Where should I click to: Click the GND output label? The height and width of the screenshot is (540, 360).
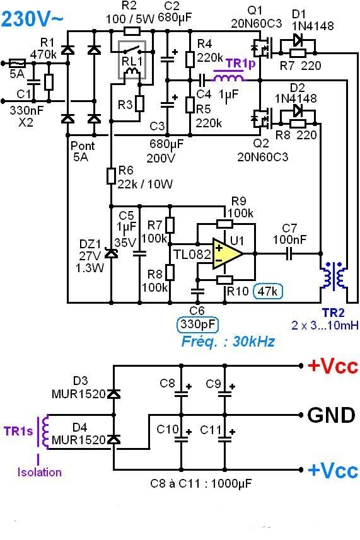pyautogui.click(x=331, y=415)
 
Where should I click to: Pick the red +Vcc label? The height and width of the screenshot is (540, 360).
pyautogui.click(x=332, y=367)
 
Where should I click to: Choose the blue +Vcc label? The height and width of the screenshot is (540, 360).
pyautogui.click(x=332, y=470)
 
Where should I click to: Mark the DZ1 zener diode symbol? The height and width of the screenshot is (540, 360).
pyautogui.click(x=112, y=253)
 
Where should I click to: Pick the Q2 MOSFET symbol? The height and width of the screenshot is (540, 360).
pyautogui.click(x=258, y=118)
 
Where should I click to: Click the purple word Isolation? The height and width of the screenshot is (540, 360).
pyautogui.click(x=40, y=472)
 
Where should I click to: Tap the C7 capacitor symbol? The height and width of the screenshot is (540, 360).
pyautogui.click(x=289, y=253)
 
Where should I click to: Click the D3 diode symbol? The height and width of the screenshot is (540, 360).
pyautogui.click(x=113, y=394)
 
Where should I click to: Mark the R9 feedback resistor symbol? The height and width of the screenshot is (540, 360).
pyautogui.click(x=224, y=224)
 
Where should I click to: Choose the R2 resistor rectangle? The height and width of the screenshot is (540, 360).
pyautogui.click(x=132, y=31)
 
